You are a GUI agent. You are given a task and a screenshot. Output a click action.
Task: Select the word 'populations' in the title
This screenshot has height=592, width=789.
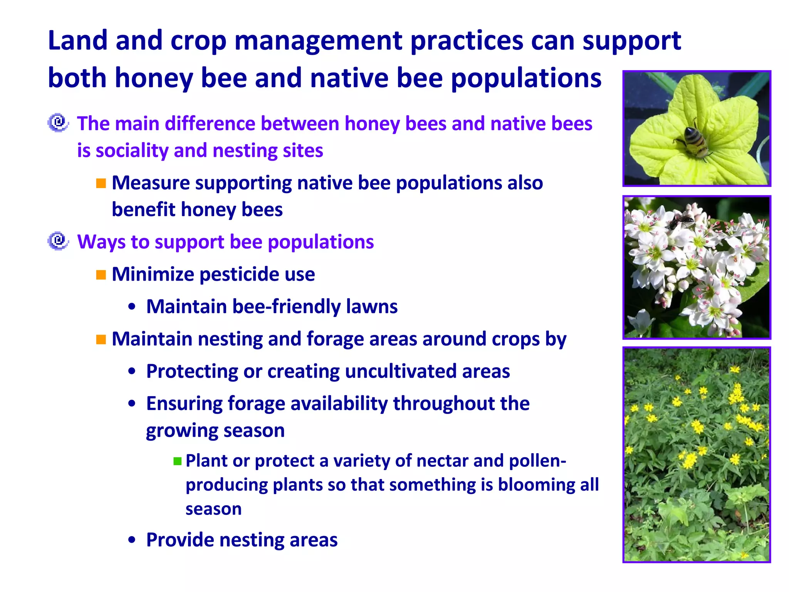click(x=525, y=78)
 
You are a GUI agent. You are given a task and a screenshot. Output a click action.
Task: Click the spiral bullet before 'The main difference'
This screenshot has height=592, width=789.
click(x=58, y=123)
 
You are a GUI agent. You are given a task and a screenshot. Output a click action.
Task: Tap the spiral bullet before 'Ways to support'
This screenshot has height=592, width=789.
click(x=58, y=241)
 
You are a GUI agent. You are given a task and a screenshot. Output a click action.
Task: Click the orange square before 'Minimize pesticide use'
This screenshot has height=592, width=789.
click(x=101, y=275)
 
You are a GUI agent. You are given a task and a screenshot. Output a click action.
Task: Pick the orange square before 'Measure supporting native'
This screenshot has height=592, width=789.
click(x=101, y=183)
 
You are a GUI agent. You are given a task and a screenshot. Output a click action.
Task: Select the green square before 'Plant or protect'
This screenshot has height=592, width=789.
click(x=177, y=461)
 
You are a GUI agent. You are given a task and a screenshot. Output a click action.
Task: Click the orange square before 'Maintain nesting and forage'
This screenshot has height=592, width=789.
click(x=101, y=340)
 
